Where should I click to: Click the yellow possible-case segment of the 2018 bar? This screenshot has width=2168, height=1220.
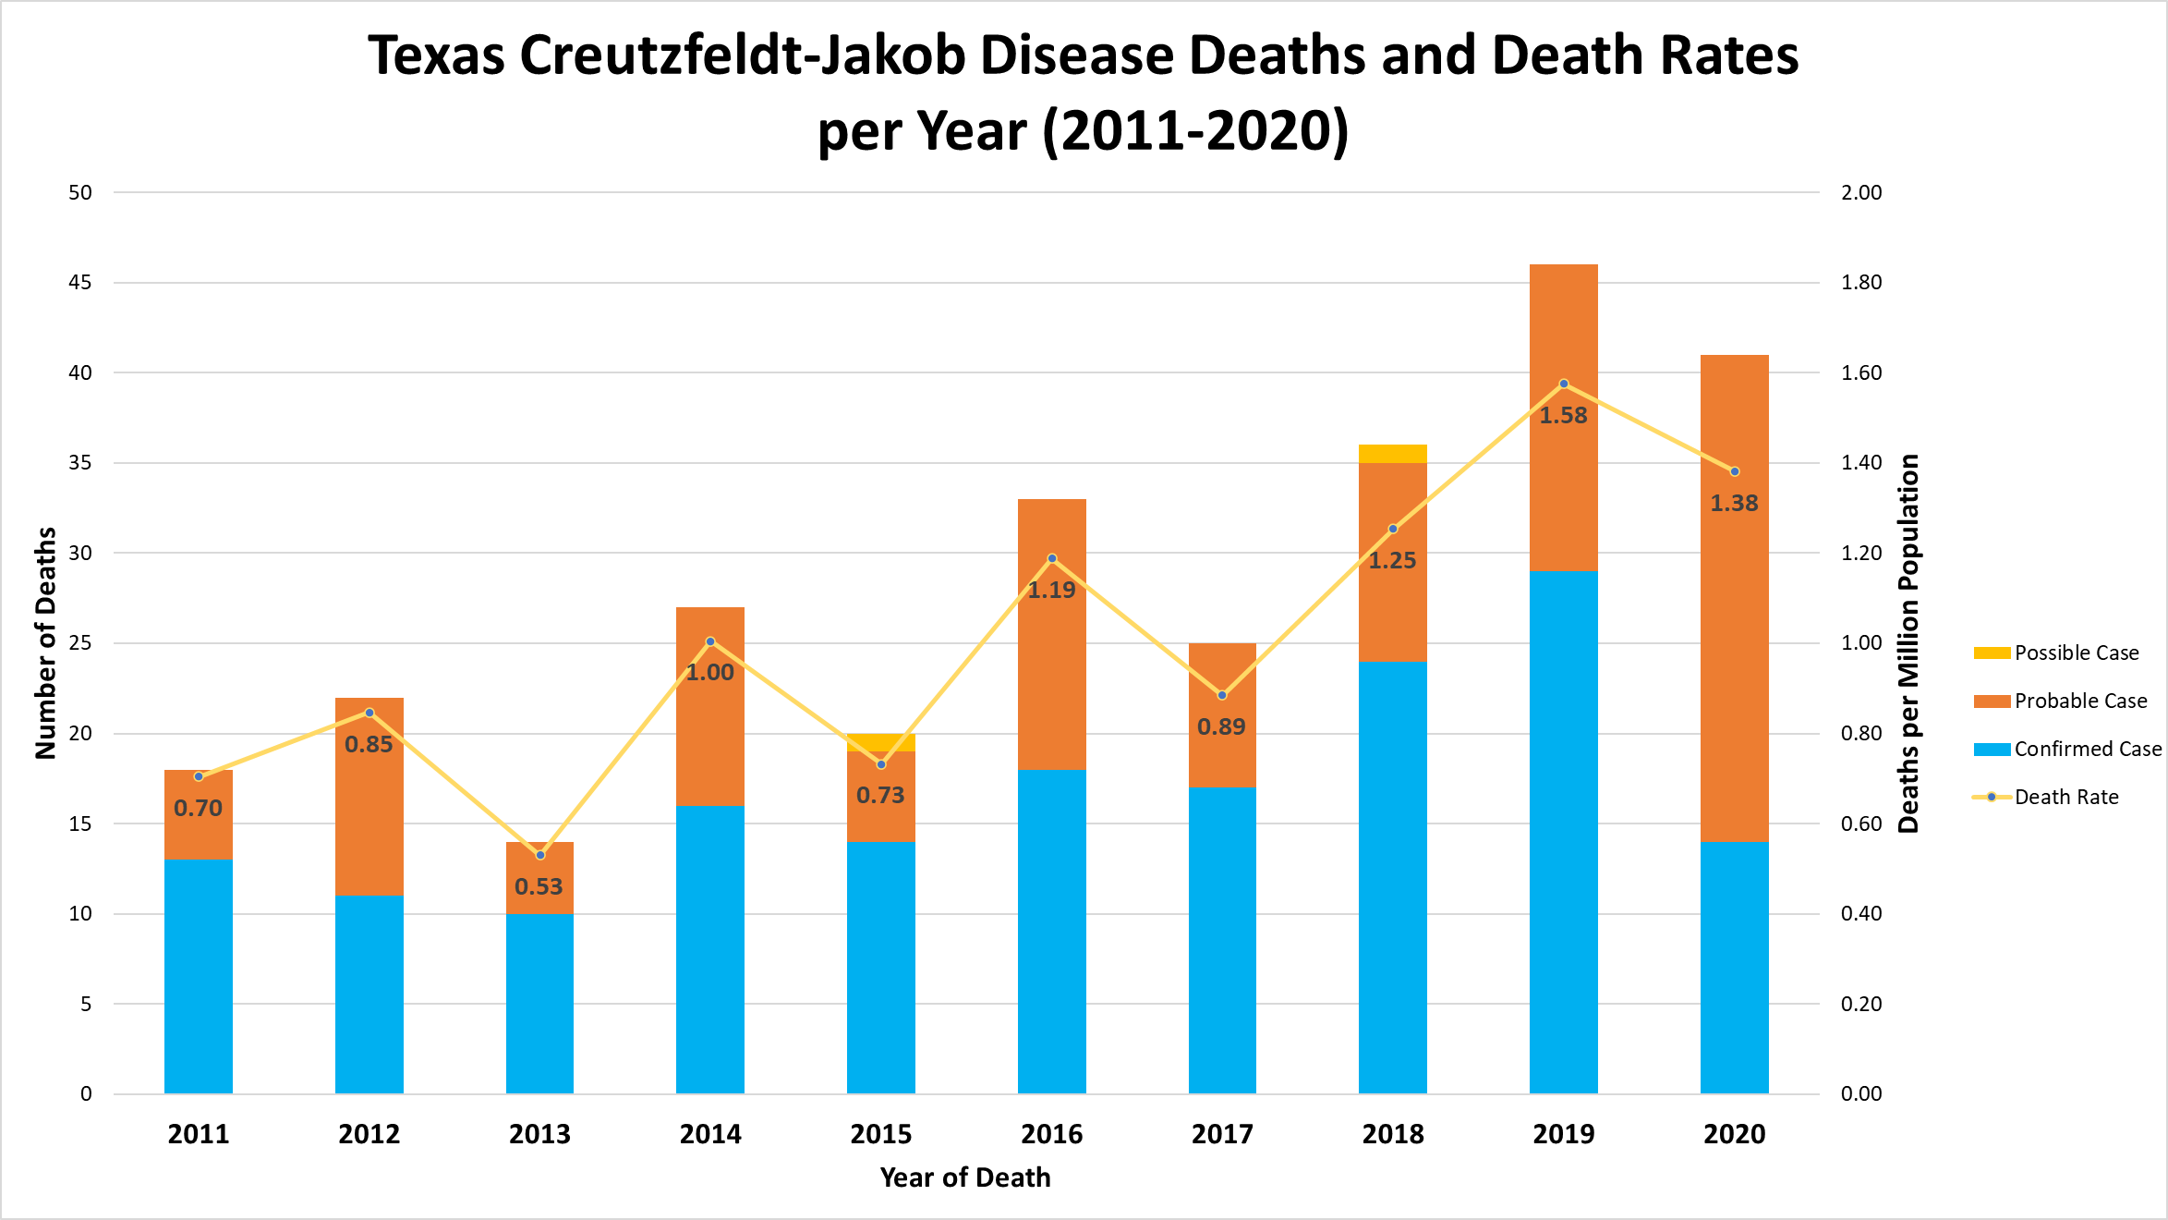pos(1392,454)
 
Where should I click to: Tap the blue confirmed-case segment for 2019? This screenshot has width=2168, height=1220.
pos(1563,832)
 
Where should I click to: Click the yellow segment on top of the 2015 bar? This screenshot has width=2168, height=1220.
pos(880,742)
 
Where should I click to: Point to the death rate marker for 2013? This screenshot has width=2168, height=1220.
pos(540,855)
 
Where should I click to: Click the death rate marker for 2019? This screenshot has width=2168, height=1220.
pos(1564,384)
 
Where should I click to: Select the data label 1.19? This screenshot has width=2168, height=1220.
pos(1051,590)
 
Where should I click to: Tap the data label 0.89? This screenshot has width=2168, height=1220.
pos(1221,727)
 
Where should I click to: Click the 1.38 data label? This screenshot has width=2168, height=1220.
pos(1734,504)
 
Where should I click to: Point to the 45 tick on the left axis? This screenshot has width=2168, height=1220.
pos(81,282)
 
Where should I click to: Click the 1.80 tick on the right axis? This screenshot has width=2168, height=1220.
pos(1860,282)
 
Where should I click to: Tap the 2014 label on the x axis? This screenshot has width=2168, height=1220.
pos(710,1134)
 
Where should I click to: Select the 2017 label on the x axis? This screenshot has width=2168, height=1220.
pos(1221,1134)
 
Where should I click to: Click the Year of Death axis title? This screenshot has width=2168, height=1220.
pos(964,1177)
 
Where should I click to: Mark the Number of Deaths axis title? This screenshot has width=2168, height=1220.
pos(46,643)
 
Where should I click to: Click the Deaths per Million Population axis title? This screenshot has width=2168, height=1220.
pos(1908,643)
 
